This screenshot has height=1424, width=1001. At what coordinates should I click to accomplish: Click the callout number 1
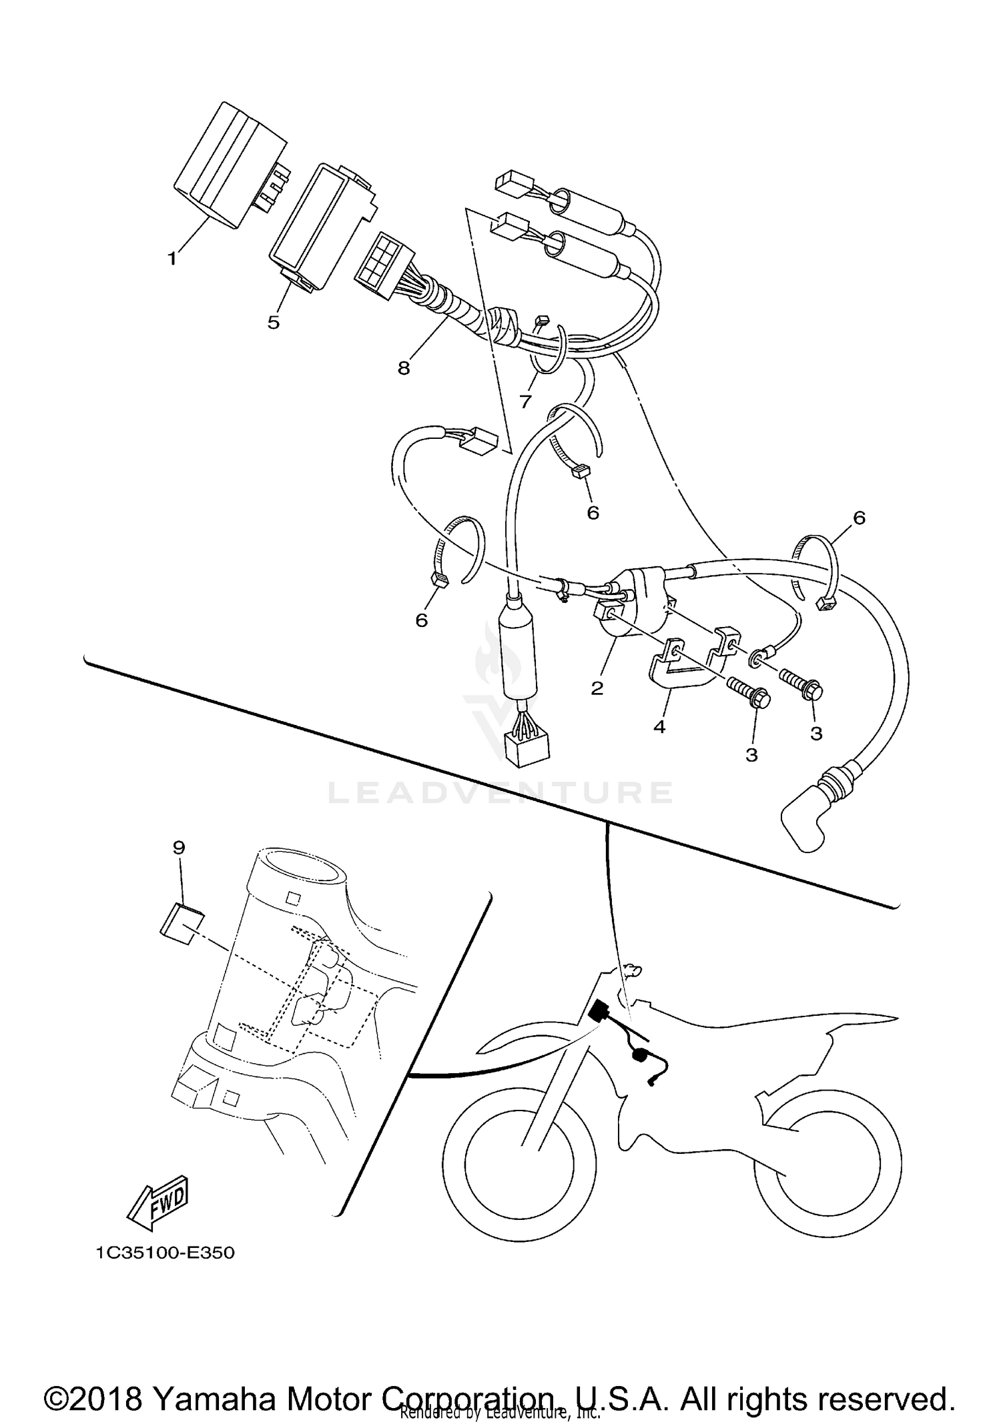tap(172, 258)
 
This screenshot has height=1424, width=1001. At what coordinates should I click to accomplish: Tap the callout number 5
tap(274, 322)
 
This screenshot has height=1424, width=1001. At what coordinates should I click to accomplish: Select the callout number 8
tap(404, 368)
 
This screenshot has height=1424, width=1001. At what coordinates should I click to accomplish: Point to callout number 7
tap(525, 402)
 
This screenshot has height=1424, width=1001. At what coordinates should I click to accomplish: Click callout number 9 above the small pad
tap(179, 848)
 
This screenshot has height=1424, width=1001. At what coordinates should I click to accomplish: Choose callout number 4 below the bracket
tap(659, 727)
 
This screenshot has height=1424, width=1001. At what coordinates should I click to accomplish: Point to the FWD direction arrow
tap(159, 1203)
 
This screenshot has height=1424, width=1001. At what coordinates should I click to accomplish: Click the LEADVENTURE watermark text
tap(500, 793)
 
